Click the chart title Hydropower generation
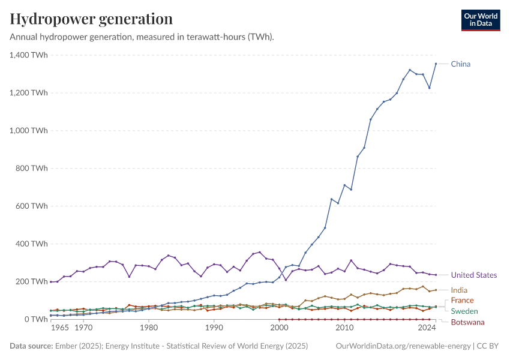pyautogui.click(x=91, y=19)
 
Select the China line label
pyautogui.click(x=461, y=64)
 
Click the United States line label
pyautogui.click(x=474, y=275)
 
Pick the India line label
pyautogui.click(x=459, y=290)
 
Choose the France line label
pyautogui.click(x=462, y=301)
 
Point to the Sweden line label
pyautogui.click(x=464, y=311)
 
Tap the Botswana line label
pyautogui.click(x=467, y=323)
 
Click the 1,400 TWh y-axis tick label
pyautogui.click(x=29, y=55)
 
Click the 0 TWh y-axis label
pyautogui.click(x=36, y=319)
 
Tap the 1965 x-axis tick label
pyautogui.click(x=59, y=329)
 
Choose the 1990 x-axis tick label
pyautogui.click(x=214, y=329)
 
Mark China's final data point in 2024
pyautogui.click(x=436, y=64)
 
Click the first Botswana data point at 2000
pyautogui.click(x=280, y=319)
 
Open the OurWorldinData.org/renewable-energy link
pyautogui.click(x=403, y=346)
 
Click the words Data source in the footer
pyautogui.click(x=31, y=346)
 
